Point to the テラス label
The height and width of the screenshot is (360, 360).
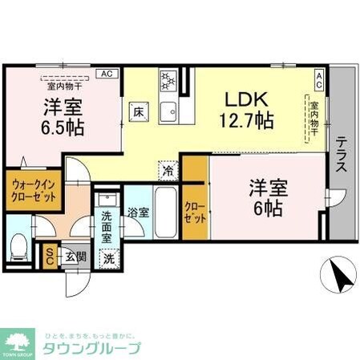pos(342,156)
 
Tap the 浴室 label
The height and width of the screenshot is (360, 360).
pos(138,212)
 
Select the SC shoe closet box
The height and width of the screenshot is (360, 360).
pos(50,255)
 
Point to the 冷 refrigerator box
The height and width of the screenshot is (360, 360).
pos(168,170)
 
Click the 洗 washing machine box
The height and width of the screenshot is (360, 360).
pos(108,259)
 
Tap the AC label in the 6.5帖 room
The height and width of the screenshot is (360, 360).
pos(105,73)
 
